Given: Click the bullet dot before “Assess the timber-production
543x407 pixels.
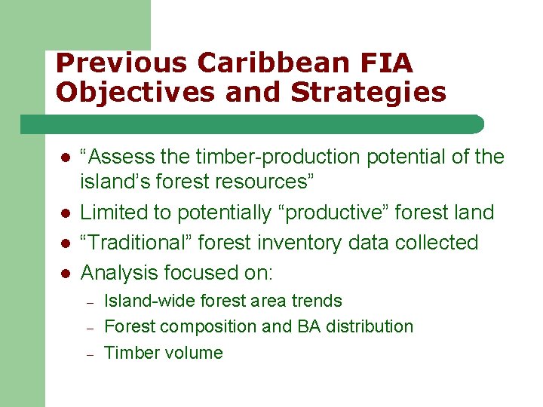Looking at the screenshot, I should tap(66, 158).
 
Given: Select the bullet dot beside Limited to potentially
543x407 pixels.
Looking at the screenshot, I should tap(66, 213).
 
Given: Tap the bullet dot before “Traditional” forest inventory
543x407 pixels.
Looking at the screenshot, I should tap(66, 243).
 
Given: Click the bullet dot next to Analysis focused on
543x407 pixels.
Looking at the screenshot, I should tap(66, 273).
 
